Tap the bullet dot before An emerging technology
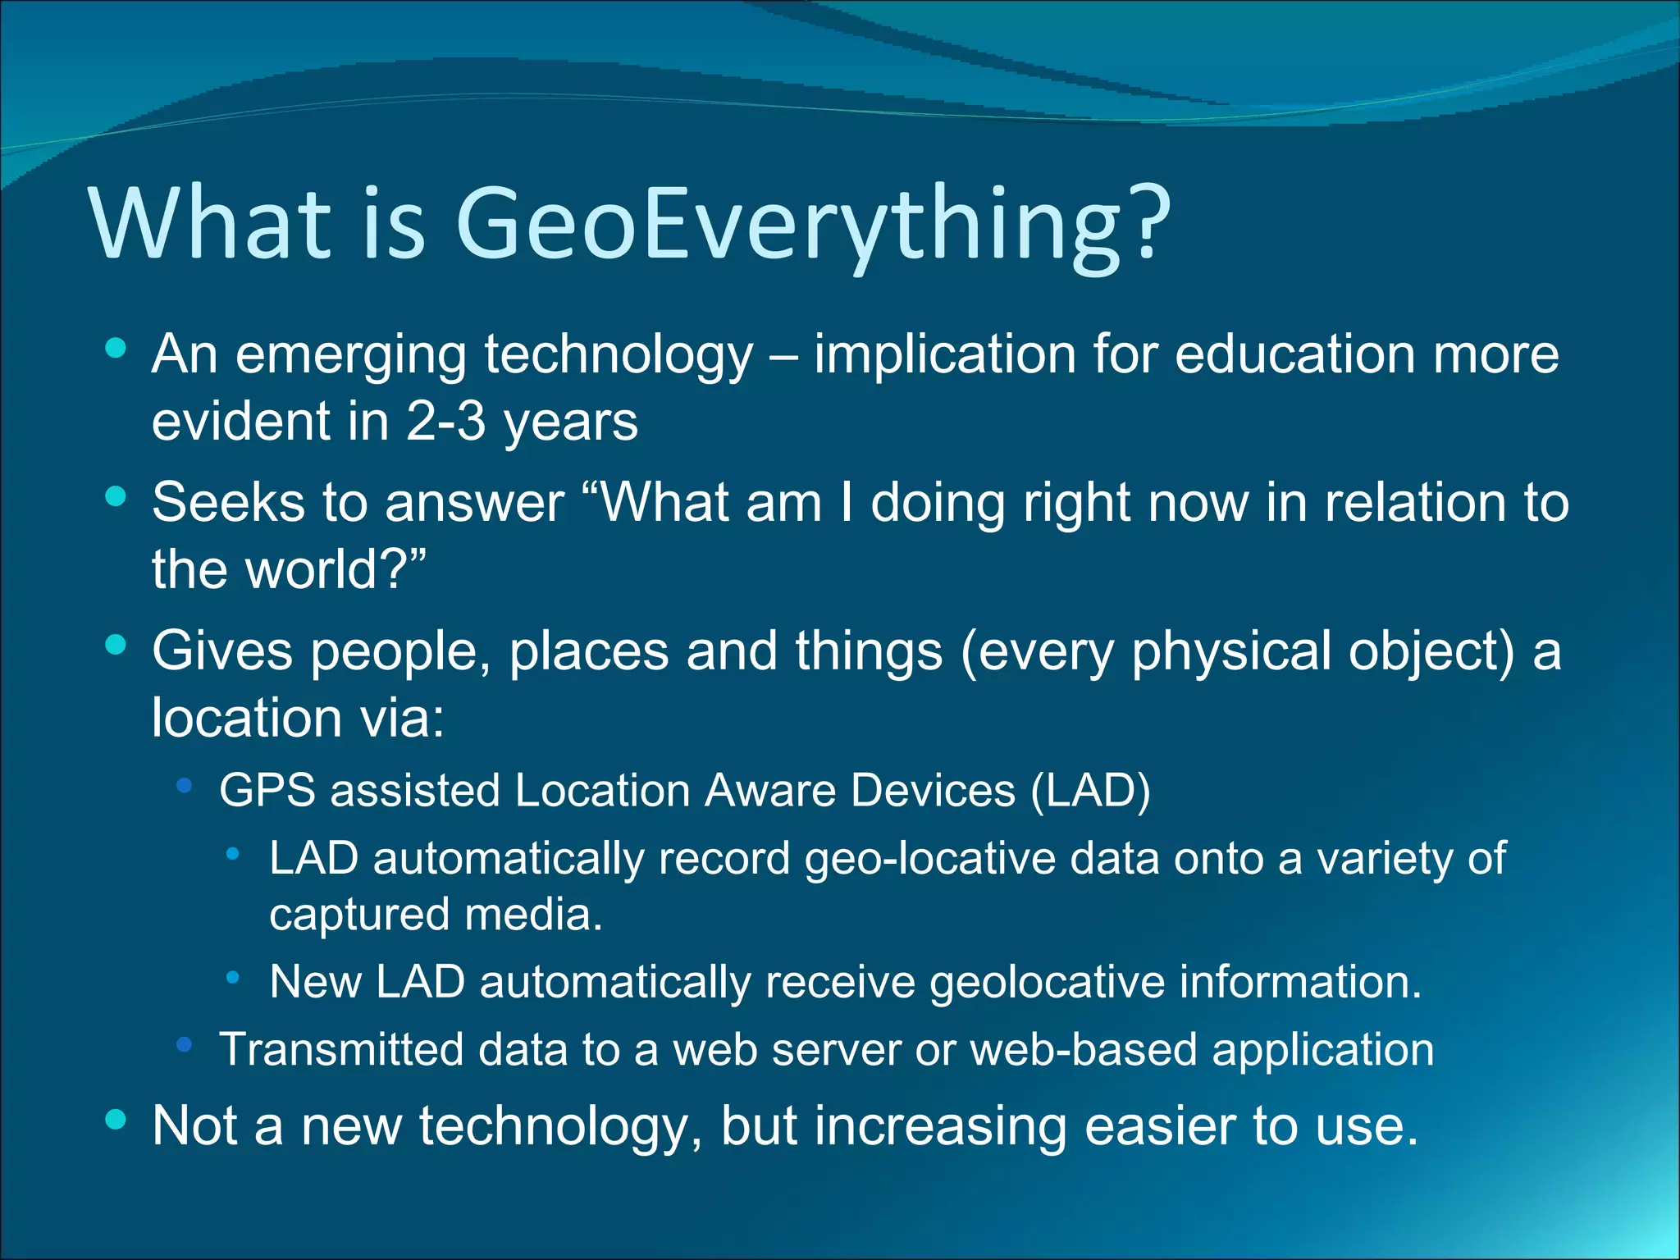[x=116, y=348]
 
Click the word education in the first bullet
[x=1295, y=354]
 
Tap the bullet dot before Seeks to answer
[x=116, y=495]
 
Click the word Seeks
[x=228, y=502]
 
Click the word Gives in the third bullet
[x=222, y=651]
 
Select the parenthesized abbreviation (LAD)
[x=1090, y=791]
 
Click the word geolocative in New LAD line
[x=1047, y=982]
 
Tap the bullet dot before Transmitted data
[x=184, y=1044]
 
